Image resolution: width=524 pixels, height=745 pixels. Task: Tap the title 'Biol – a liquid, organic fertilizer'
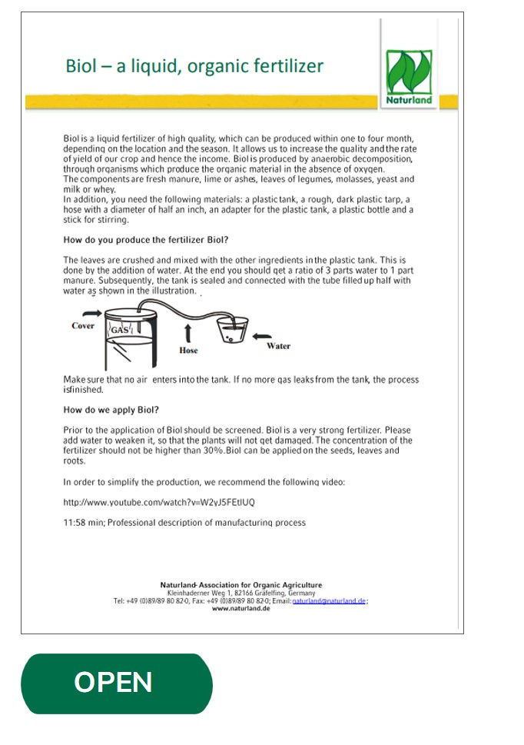click(194, 66)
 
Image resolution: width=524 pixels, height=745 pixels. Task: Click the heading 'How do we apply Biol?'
click(111, 409)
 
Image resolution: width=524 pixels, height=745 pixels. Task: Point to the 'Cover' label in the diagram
click(83, 326)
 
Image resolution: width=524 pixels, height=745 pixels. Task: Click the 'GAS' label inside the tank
click(121, 330)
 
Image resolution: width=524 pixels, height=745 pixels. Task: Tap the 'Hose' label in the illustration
click(188, 351)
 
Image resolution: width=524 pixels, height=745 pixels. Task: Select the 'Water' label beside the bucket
click(278, 346)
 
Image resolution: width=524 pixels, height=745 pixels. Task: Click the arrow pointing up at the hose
click(188, 333)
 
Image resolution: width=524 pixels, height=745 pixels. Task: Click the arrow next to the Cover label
click(91, 313)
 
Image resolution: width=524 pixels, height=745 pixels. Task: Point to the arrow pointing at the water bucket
click(262, 335)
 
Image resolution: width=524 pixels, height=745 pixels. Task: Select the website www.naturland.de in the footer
click(240, 608)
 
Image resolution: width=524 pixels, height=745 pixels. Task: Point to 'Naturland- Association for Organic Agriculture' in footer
click(240, 585)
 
